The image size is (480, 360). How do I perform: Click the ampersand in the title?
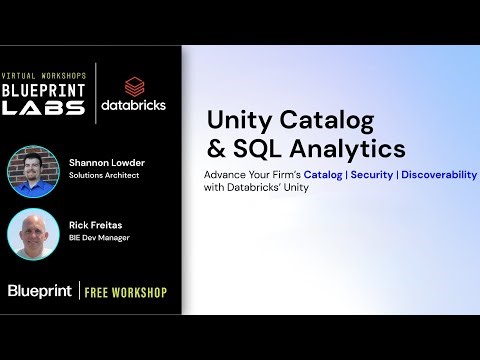tap(217, 149)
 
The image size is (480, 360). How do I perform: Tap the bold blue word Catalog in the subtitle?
tap(322, 174)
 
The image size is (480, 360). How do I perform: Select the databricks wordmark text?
tap(133, 104)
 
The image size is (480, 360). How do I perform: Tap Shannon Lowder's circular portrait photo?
tap(34, 172)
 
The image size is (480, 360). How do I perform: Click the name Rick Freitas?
tap(97, 224)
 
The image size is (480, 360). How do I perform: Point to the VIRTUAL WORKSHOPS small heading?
tap(44, 76)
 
